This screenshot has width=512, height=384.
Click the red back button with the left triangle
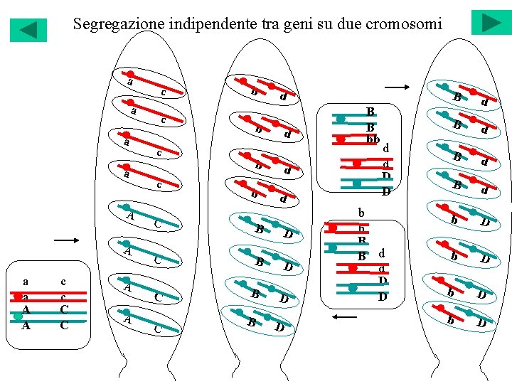tap(28, 30)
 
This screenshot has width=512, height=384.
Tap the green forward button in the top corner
tap(491, 22)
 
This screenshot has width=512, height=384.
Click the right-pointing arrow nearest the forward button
tap(397, 87)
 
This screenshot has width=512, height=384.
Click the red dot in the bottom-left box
tap(18, 297)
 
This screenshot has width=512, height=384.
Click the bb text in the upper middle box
tap(373, 140)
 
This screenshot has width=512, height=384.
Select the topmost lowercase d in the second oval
tap(283, 96)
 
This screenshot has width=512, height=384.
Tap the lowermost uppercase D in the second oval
tap(279, 327)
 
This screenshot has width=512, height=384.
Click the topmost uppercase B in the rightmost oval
tap(459, 96)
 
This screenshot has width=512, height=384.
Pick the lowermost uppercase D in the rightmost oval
tap(481, 324)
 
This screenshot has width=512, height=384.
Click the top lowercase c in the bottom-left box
tap(63, 282)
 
